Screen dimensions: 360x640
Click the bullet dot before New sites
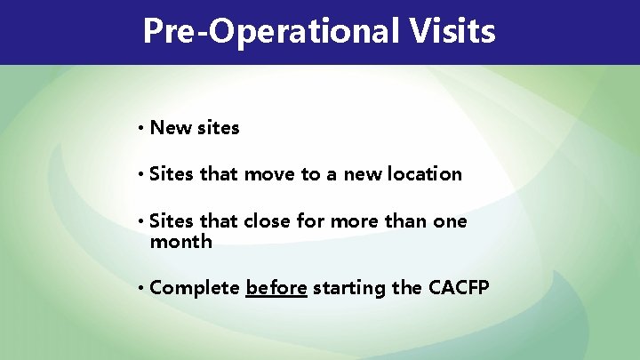click(x=141, y=128)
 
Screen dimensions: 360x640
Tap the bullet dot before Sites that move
click(x=141, y=175)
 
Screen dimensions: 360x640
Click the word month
click(x=181, y=242)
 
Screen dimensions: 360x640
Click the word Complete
click(x=195, y=289)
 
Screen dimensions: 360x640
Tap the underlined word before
click(x=276, y=288)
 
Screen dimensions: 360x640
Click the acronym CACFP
click(x=459, y=288)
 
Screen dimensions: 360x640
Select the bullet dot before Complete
click(x=141, y=289)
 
